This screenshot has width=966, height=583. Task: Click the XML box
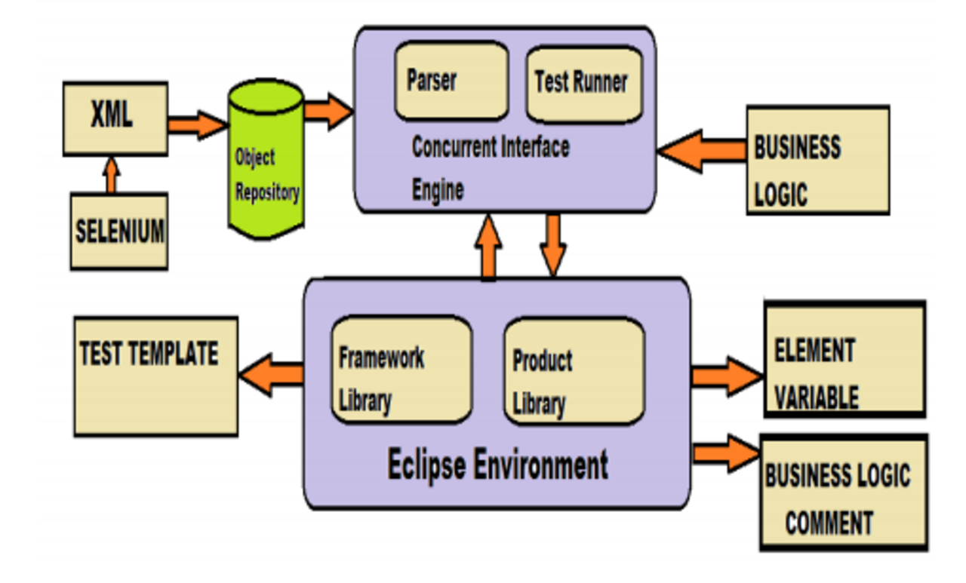point(115,118)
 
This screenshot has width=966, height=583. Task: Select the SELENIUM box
point(119,232)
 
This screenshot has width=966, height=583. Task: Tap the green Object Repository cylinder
point(266,158)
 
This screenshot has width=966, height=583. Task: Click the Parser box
point(451,81)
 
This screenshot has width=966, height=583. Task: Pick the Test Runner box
point(584,84)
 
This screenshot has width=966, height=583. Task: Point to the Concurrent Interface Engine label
point(491,168)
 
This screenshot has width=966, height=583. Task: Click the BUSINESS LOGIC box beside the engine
point(818,160)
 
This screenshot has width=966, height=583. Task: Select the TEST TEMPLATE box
point(155,376)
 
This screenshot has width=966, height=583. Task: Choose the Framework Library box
point(401,370)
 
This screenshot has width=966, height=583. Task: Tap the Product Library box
point(574,371)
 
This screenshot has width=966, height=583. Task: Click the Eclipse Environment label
point(497,465)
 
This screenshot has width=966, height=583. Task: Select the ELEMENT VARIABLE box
point(845,359)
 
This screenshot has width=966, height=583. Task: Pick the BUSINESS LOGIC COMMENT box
point(844,492)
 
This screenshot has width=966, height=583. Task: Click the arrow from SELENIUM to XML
point(111,176)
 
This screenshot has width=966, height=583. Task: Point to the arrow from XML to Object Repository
point(198,125)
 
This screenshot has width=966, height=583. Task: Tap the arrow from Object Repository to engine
point(328,111)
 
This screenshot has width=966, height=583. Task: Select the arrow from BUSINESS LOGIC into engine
point(702,151)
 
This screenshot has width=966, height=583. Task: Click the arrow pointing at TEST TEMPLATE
point(271,374)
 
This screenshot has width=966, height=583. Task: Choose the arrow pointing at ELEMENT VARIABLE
point(727,376)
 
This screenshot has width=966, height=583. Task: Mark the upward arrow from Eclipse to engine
point(488,247)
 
